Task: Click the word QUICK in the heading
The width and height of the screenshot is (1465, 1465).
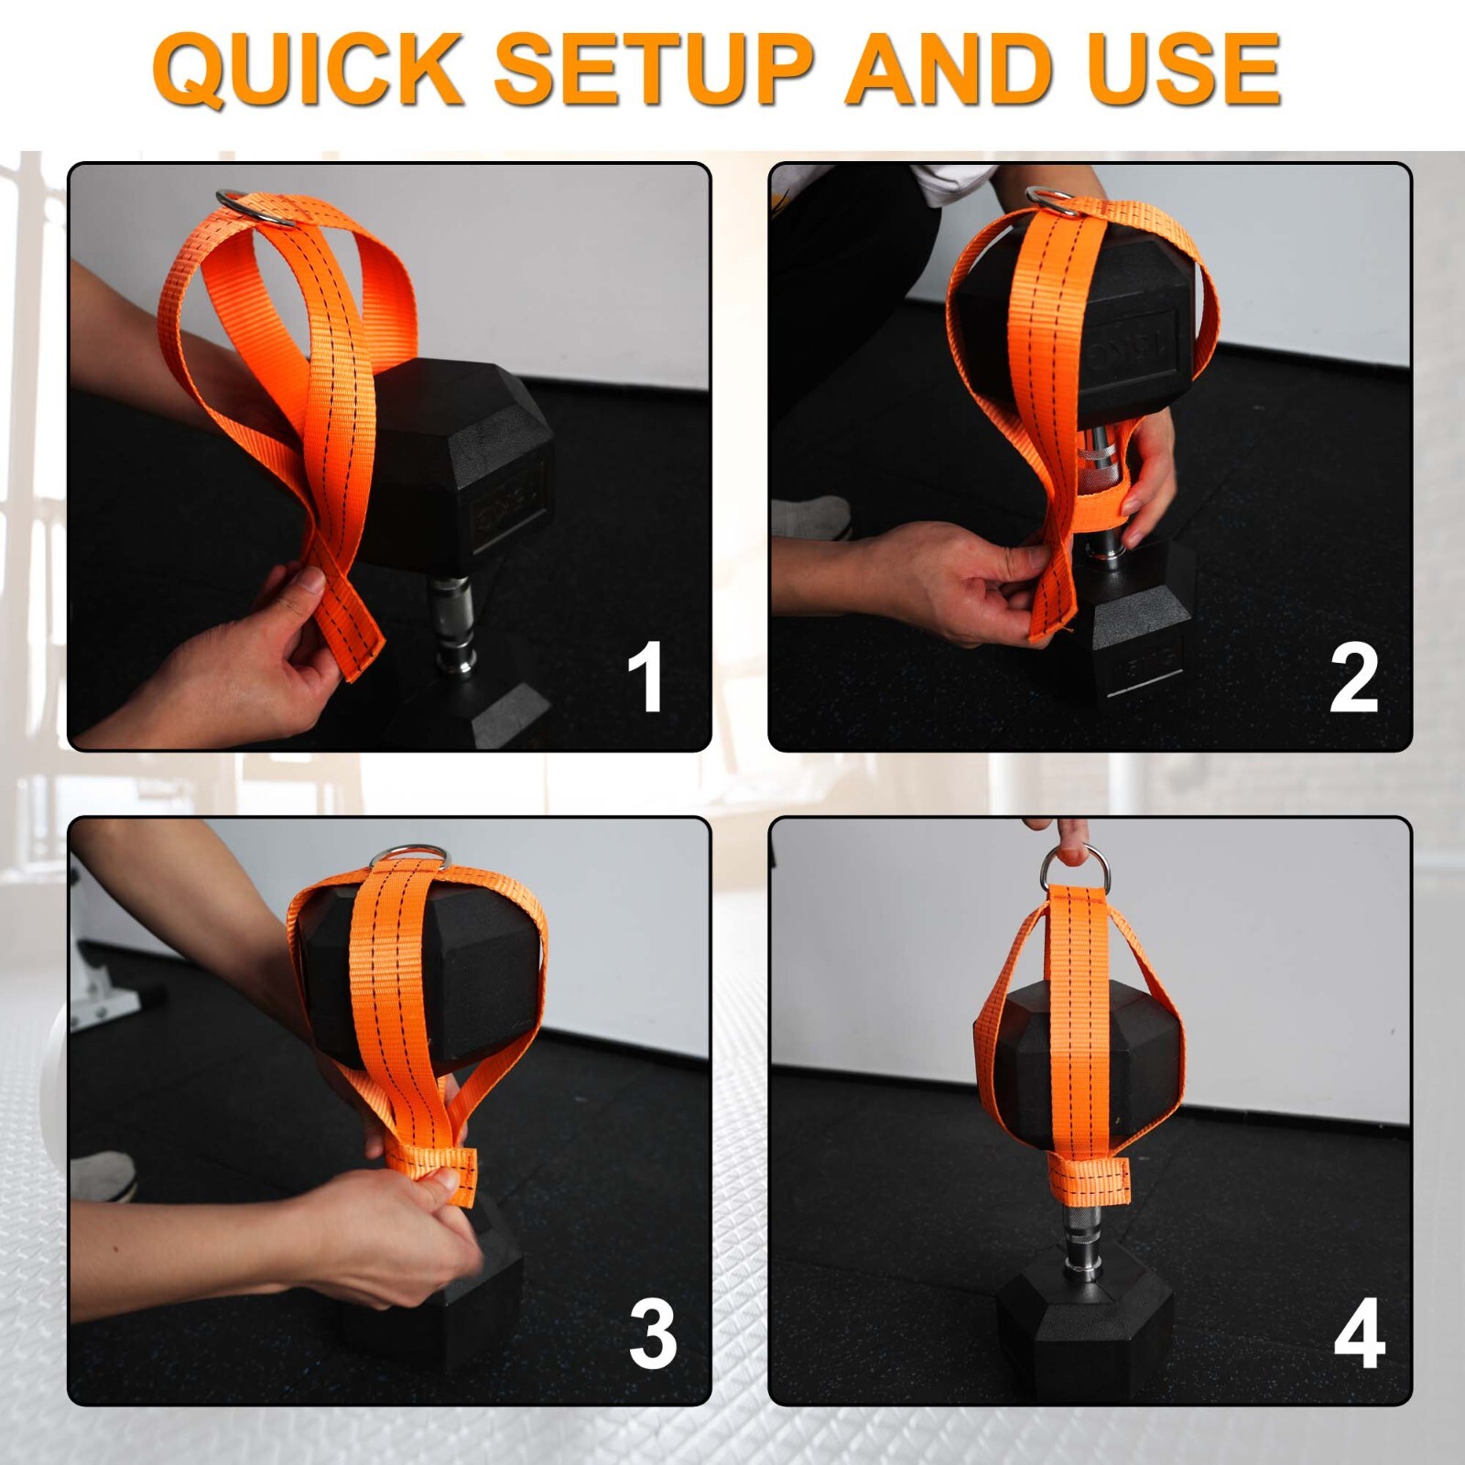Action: click(308, 70)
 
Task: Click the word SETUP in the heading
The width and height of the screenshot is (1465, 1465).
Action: click(654, 70)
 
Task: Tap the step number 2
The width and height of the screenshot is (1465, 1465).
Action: click(1353, 678)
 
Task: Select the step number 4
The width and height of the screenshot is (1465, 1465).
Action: click(1359, 1333)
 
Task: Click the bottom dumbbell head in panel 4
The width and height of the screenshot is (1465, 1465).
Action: click(1086, 1318)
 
